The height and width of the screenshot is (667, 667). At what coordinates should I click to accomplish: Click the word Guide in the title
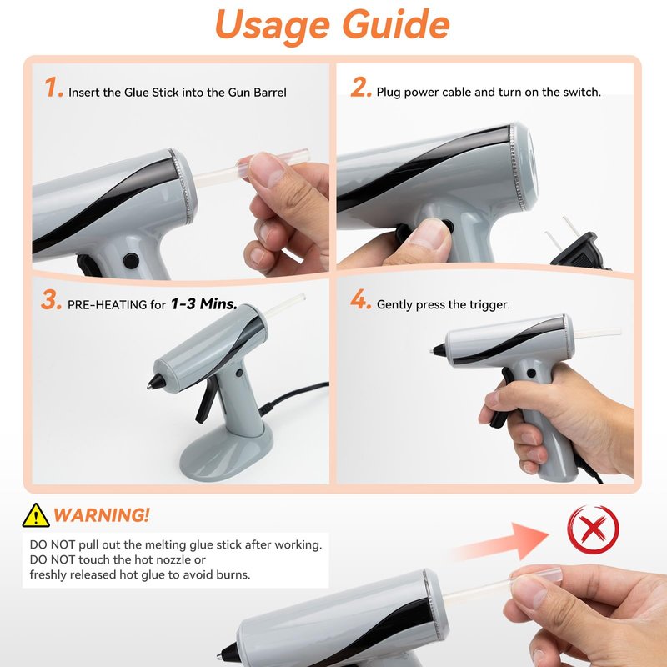(x=395, y=23)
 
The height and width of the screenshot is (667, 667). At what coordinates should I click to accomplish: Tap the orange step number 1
(x=53, y=88)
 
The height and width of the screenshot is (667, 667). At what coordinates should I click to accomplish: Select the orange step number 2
(x=361, y=88)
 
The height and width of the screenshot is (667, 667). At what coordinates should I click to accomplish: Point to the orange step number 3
(x=52, y=300)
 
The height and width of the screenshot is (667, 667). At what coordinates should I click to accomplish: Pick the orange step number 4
(x=360, y=299)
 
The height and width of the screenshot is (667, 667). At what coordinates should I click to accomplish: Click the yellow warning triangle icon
(x=36, y=515)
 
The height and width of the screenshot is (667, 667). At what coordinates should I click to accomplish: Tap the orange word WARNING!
(x=101, y=515)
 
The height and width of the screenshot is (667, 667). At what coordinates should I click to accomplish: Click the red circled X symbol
(x=593, y=529)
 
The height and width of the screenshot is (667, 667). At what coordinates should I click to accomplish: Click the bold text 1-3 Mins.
(x=203, y=303)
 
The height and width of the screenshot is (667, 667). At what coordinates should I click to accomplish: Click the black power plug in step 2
(x=579, y=248)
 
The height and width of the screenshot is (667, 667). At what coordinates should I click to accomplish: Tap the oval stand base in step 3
(x=226, y=452)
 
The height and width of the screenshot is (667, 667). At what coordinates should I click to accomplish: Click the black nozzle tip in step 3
(x=156, y=382)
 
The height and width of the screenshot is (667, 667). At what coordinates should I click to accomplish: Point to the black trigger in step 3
(x=206, y=401)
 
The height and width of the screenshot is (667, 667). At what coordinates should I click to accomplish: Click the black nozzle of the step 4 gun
(x=439, y=350)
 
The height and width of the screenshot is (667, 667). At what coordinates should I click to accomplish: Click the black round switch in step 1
(x=131, y=261)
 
